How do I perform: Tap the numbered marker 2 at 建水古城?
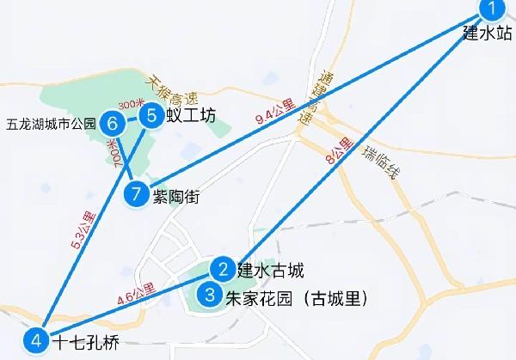click(223, 270)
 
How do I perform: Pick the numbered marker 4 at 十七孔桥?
click(35, 341)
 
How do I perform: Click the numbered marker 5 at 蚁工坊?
click(151, 115)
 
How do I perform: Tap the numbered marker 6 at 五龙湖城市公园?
click(113, 124)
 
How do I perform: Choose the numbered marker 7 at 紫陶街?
click(135, 195)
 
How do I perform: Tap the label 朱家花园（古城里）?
click(296, 299)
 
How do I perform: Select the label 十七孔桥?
click(84, 343)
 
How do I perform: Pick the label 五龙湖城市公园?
click(49, 124)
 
